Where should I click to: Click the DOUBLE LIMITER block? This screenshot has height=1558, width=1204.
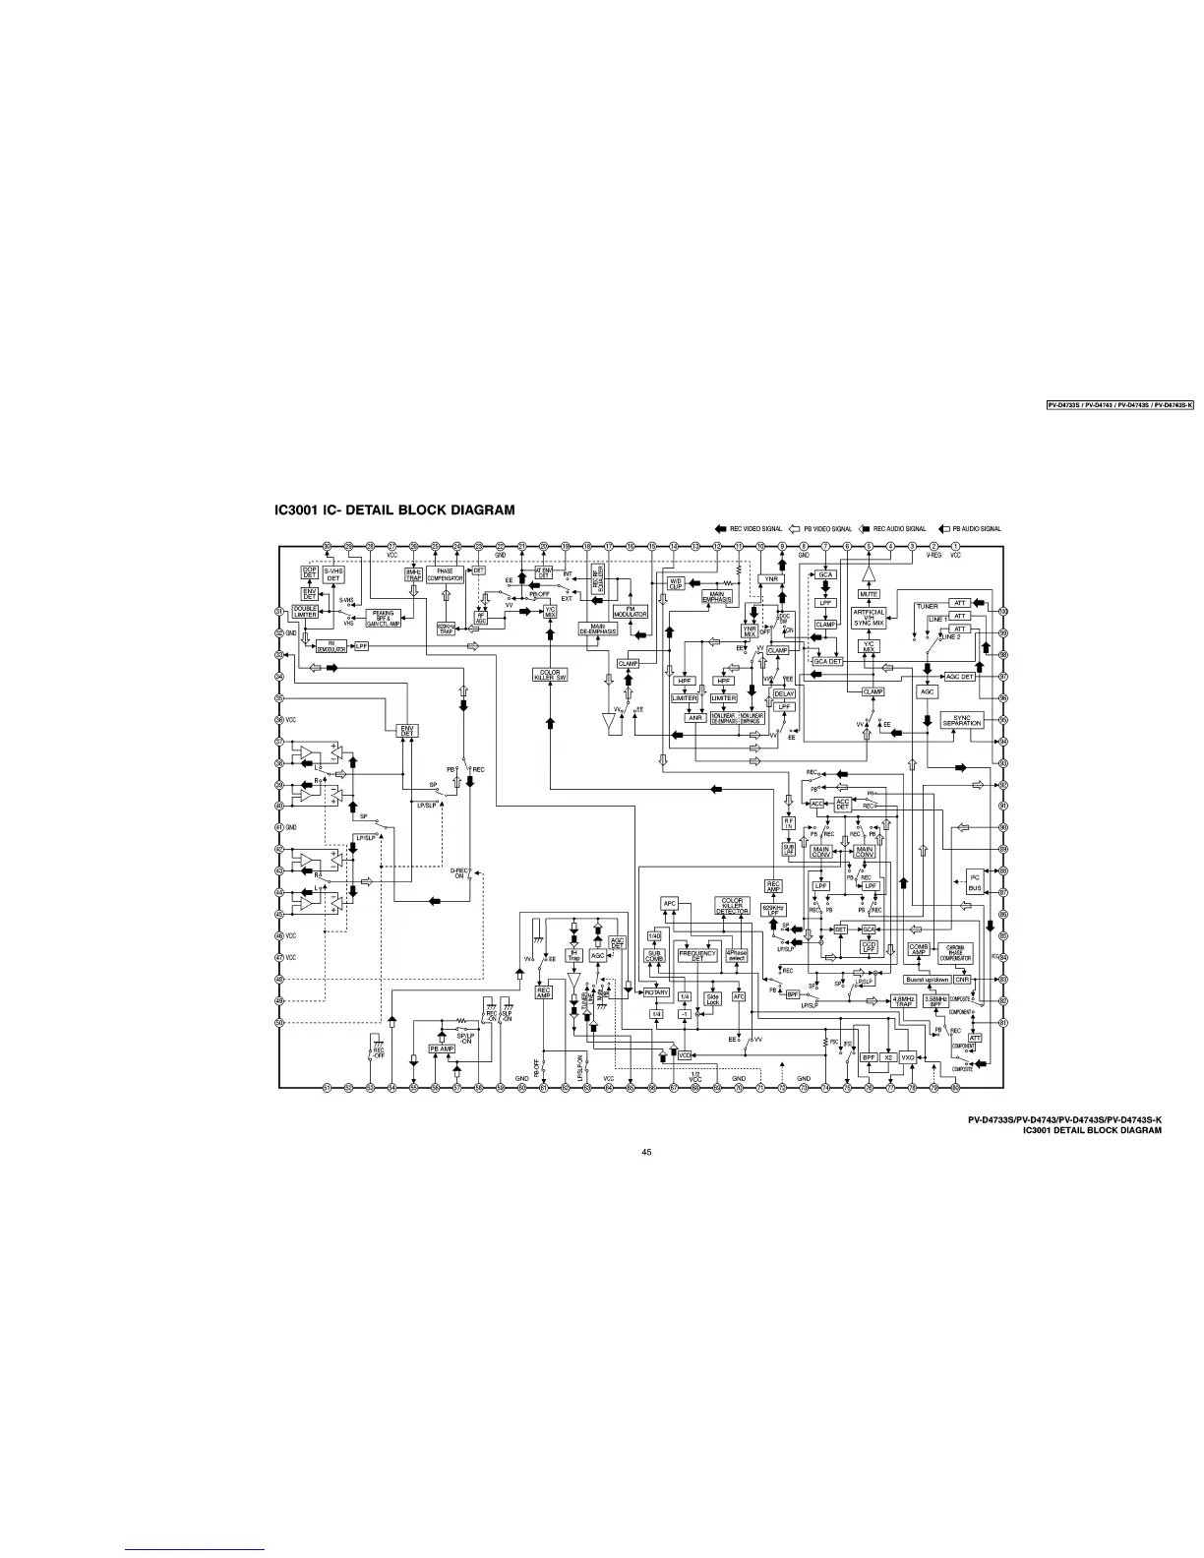(x=305, y=613)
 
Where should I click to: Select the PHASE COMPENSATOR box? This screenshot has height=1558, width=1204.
(x=445, y=575)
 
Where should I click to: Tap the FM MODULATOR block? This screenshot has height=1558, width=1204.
(x=630, y=612)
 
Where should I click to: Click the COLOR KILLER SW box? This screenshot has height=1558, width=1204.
(x=550, y=675)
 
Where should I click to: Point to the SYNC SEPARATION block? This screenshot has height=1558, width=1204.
(x=962, y=721)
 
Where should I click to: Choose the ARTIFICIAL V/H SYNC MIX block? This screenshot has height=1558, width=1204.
(x=869, y=618)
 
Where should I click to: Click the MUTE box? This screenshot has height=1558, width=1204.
(x=869, y=594)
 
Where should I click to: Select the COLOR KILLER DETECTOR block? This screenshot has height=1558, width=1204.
(x=732, y=905)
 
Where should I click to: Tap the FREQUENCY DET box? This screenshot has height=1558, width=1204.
(x=697, y=955)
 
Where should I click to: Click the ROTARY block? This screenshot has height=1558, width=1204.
(x=656, y=992)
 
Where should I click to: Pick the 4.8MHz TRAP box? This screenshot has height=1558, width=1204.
(x=904, y=1001)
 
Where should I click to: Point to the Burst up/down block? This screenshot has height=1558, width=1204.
(x=928, y=980)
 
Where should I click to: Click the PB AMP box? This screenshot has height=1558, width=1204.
(x=443, y=1049)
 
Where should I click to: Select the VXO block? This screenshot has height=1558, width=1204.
(x=908, y=1057)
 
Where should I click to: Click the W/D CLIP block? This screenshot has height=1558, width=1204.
(x=677, y=584)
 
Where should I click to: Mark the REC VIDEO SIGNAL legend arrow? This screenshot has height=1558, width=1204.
(x=721, y=529)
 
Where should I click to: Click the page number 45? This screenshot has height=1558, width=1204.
(x=646, y=1152)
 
